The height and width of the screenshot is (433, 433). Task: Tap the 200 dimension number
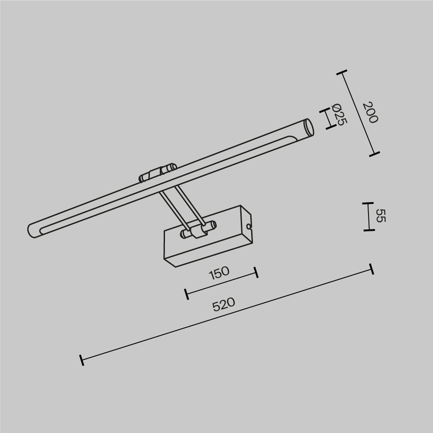click(370, 112)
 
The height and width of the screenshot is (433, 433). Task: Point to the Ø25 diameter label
click(339, 115)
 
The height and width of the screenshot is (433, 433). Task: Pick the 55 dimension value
click(380, 216)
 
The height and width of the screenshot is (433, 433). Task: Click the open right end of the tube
click(308, 128)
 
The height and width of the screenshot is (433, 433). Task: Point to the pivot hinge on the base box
click(199, 230)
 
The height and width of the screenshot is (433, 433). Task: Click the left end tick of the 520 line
click(81, 359)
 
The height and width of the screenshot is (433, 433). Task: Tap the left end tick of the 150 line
click(186, 294)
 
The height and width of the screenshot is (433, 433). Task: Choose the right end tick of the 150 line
click(257, 272)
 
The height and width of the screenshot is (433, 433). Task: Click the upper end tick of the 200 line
click(342, 73)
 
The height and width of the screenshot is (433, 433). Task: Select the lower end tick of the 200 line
click(375, 153)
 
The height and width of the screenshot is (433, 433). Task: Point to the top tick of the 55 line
click(368, 203)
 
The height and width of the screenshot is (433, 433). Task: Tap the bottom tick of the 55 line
click(368, 230)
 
